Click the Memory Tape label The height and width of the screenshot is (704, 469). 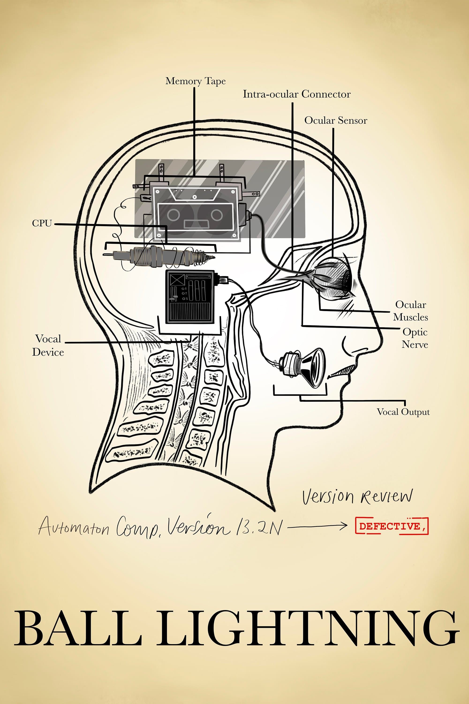pyautogui.click(x=195, y=81)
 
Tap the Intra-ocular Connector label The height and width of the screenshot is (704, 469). pyautogui.click(x=296, y=94)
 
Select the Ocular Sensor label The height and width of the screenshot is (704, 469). pyautogui.click(x=336, y=120)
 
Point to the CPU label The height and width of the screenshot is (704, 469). pyautogui.click(x=42, y=223)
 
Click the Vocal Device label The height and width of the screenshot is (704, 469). pyautogui.click(x=48, y=345)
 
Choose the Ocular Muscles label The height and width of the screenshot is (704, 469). pyautogui.click(x=410, y=311)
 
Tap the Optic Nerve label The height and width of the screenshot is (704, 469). pyautogui.click(x=415, y=338)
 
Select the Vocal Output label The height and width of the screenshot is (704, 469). pyautogui.click(x=403, y=412)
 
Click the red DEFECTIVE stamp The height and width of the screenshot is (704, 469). pyautogui.click(x=392, y=526)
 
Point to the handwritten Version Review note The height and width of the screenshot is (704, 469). pyautogui.click(x=357, y=497)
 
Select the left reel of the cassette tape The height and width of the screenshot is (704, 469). pyautogui.click(x=173, y=214)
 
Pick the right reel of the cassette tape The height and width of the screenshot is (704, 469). pyautogui.click(x=216, y=214)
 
